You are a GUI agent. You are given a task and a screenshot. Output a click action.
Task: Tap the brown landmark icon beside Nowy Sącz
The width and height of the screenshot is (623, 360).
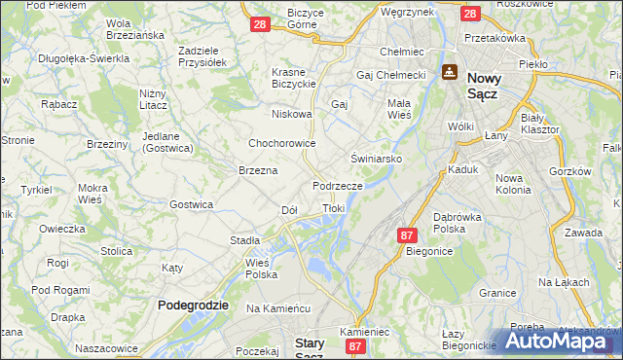point(450,72)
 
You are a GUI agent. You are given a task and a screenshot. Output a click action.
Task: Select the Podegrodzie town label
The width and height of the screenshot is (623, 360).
point(193,305)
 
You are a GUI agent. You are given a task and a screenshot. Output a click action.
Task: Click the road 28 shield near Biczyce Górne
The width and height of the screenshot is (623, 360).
point(259,25)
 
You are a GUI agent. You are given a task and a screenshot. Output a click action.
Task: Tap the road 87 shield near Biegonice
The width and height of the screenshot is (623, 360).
point(408,235)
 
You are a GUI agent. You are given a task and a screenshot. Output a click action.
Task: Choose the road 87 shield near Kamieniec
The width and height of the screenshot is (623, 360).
point(356,345)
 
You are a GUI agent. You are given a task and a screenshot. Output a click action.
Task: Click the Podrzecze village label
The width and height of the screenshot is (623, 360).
point(338,185)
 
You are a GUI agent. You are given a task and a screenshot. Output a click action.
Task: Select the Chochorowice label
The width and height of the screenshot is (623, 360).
point(282,143)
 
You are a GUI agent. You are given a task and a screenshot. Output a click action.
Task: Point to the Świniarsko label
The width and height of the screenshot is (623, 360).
point(376,158)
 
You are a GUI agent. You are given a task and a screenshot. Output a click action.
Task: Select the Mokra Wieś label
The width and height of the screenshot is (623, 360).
point(93,193)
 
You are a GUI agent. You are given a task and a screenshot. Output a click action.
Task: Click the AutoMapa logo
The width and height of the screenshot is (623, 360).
point(559,342)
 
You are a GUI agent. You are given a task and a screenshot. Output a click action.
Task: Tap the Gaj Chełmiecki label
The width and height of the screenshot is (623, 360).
point(392,75)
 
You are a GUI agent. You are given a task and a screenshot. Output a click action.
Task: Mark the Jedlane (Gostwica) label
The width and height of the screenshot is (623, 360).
point(168,141)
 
